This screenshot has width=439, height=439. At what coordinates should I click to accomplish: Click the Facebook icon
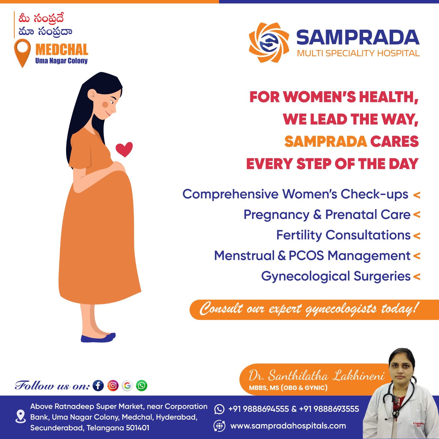point(98,385)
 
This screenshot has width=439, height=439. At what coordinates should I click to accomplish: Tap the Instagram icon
point(113,385)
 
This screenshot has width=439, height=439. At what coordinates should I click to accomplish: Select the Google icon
point(127,385)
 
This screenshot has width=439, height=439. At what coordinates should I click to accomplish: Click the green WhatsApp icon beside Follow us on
point(142,385)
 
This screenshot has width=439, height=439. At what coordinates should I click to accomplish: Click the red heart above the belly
point(124,149)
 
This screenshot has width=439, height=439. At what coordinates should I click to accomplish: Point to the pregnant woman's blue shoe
point(98,338)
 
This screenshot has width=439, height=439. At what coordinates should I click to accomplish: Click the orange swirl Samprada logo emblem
point(269,43)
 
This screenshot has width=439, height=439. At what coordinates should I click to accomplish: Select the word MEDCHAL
point(62,50)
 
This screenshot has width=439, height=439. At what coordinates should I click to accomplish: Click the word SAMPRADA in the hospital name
point(358,37)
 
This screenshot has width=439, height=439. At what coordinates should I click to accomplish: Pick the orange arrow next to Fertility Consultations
point(417,236)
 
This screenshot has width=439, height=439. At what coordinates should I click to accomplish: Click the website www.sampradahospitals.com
point(288,426)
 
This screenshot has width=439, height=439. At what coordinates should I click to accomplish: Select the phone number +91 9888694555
point(258,409)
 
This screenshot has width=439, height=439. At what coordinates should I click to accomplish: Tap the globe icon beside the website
point(219,426)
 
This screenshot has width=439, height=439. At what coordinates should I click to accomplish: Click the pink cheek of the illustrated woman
point(105,105)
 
